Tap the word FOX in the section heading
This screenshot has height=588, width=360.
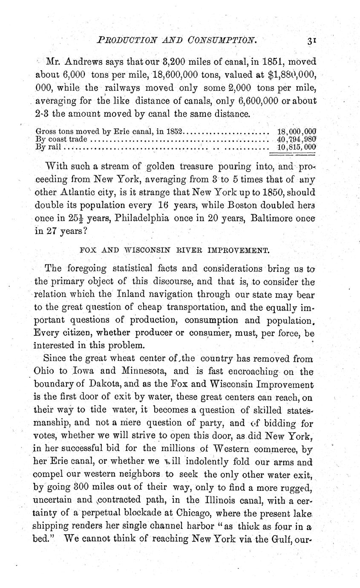tap(87, 249)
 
